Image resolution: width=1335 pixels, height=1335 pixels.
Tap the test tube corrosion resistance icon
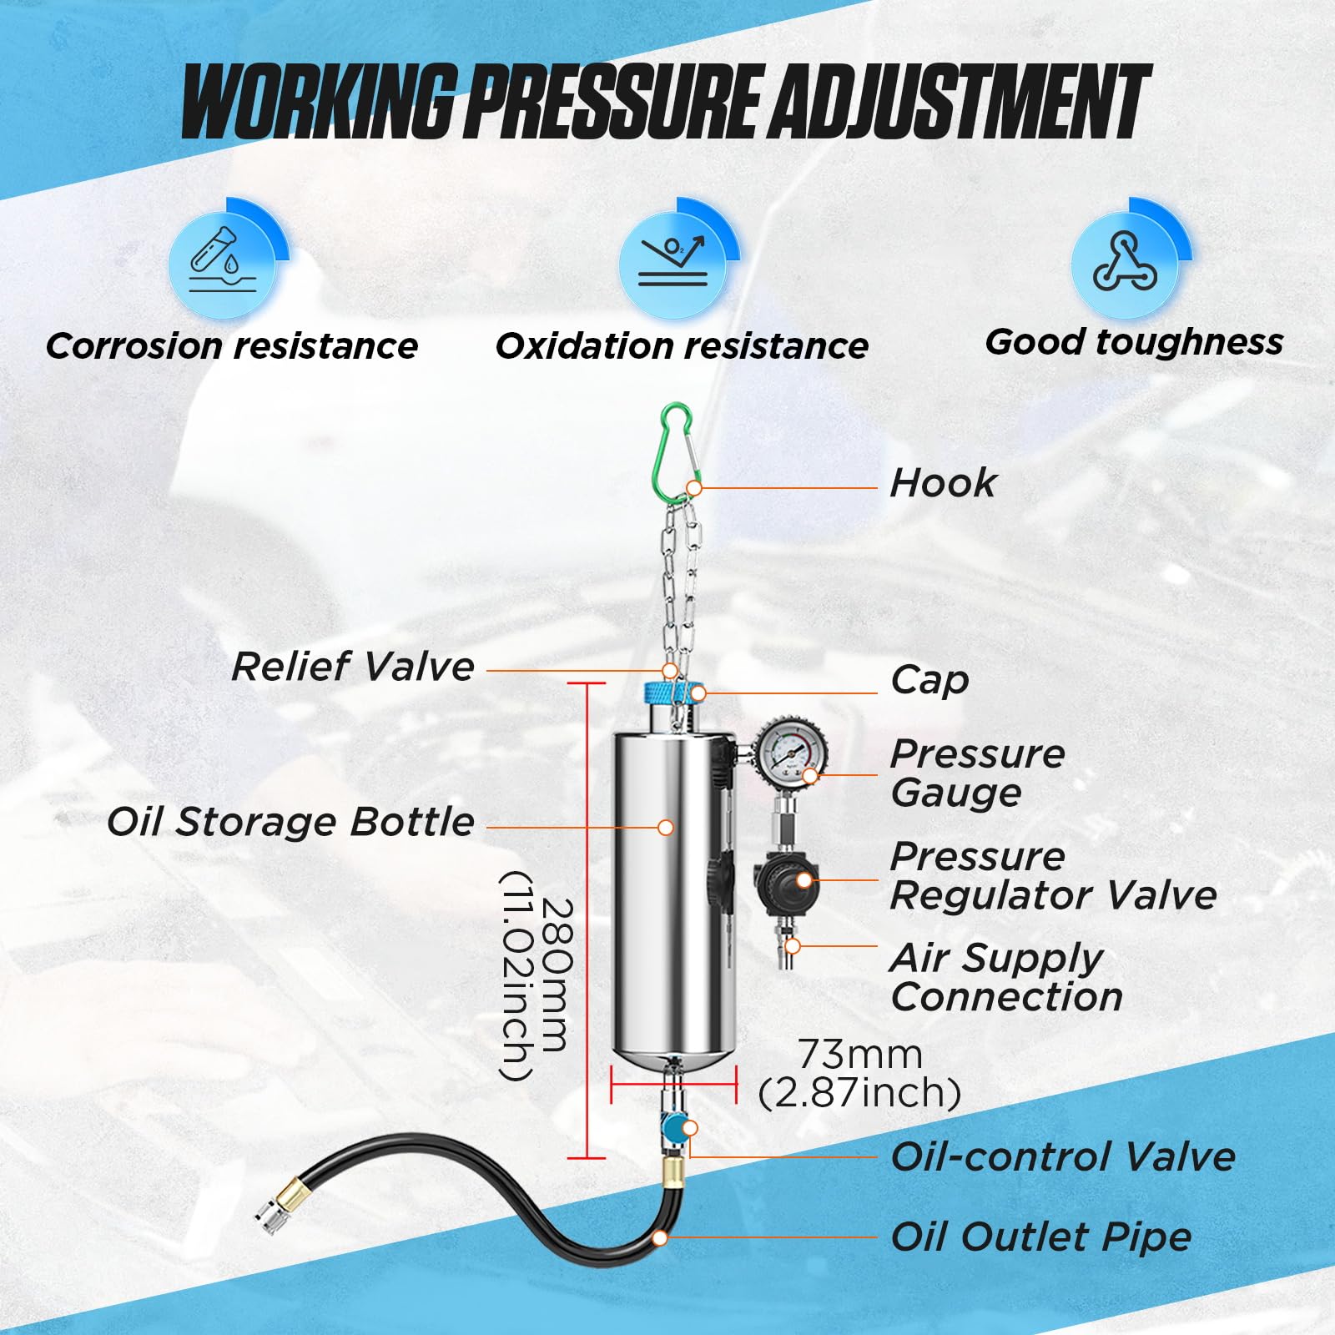coord(222,264)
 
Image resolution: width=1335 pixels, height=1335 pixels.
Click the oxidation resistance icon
coord(673,262)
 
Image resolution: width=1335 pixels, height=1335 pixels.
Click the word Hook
coord(943,483)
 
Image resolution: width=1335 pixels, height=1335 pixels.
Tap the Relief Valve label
coord(352,667)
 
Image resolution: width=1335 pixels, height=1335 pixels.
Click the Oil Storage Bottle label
coord(290,822)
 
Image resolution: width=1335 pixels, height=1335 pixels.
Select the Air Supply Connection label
coord(1005,977)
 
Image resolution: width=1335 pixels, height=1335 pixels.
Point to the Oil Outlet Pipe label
coord(1040,1237)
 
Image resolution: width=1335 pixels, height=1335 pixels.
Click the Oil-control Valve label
coord(1062,1157)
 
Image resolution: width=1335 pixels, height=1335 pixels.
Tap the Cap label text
coord(929,680)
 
